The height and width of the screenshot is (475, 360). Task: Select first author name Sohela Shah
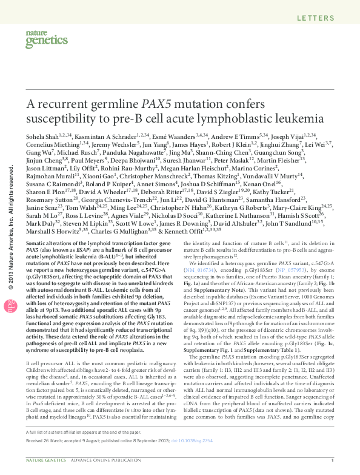pyautogui.click(x=42, y=139)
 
